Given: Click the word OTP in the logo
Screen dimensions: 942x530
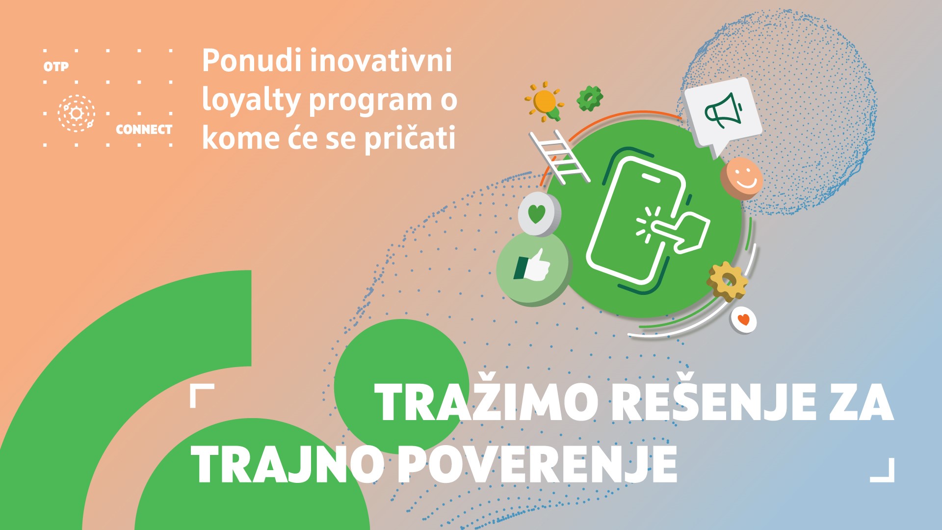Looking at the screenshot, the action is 56,66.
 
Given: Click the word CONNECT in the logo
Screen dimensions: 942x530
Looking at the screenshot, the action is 144,130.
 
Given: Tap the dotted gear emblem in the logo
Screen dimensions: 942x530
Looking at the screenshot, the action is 77,113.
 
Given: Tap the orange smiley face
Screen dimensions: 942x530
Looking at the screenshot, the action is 742,178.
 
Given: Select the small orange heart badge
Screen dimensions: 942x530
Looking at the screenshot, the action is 744,320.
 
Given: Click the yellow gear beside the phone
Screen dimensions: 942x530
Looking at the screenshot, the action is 727,281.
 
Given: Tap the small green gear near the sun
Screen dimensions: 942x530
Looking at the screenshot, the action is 589,98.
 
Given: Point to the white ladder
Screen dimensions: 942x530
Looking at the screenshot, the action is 560,157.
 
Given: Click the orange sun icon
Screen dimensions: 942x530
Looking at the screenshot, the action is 545,102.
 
